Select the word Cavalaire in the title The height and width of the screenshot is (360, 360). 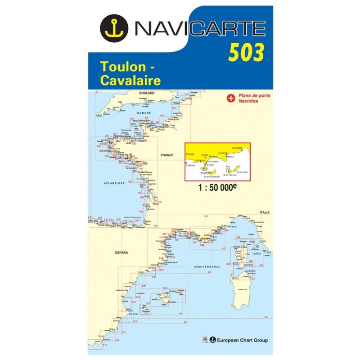(x=124, y=80)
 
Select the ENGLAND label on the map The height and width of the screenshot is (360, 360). (x=147, y=93)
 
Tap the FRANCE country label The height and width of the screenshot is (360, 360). (x=167, y=155)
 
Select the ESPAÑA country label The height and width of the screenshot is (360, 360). (x=121, y=252)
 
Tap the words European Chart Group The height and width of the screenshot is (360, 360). (x=242, y=340)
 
